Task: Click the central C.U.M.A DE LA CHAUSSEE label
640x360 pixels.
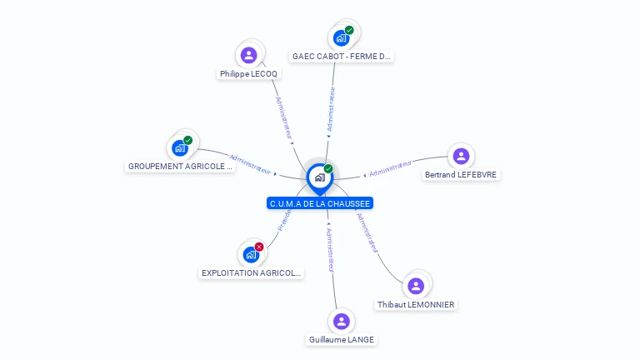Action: point(320,203)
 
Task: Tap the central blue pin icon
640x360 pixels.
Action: point(319,177)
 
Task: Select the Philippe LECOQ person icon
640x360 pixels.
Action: point(248,55)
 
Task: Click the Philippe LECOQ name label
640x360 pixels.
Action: point(249,74)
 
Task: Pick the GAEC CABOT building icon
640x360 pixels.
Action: point(341,37)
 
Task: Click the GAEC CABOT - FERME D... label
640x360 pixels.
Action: point(342,57)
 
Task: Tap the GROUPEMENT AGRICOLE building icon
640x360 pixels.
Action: point(180,147)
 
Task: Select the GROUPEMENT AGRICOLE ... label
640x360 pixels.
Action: point(180,167)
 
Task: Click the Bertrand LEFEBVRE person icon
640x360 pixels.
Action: point(461,156)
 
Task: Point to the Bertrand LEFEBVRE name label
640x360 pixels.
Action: point(462,175)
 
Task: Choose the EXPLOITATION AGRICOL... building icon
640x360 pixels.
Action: point(251,254)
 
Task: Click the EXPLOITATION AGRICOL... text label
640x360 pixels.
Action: point(252,273)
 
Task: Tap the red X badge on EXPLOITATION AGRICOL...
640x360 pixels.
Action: point(259,247)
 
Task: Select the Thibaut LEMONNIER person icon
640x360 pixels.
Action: point(416,286)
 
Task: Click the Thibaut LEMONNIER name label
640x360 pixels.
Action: point(416,305)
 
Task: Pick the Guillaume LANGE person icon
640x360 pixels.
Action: point(341,321)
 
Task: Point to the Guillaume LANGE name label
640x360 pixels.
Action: point(342,340)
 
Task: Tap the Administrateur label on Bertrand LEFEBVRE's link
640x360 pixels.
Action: point(391,169)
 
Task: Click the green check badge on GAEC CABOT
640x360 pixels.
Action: point(349,31)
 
